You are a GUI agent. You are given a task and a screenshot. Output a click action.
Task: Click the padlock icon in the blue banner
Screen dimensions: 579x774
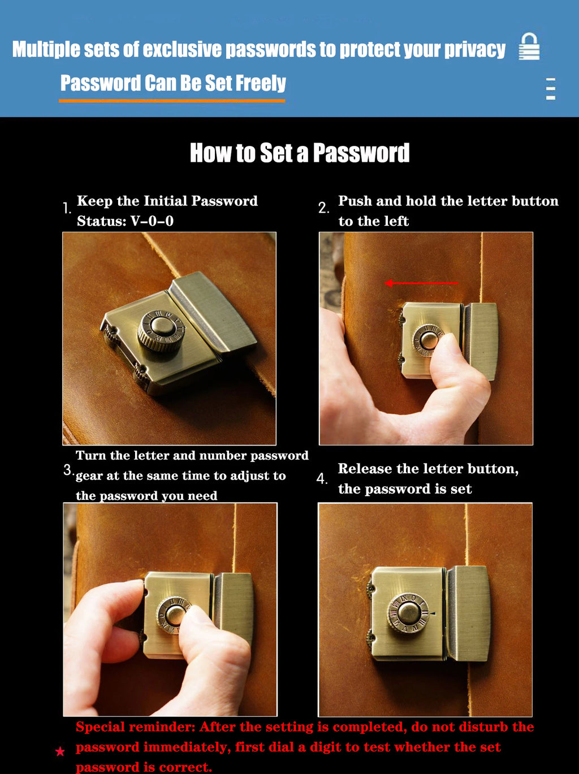click(529, 46)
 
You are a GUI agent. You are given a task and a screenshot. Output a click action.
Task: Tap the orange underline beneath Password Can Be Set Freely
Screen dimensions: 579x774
click(172, 101)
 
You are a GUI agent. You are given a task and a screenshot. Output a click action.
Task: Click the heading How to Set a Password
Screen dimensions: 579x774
click(300, 153)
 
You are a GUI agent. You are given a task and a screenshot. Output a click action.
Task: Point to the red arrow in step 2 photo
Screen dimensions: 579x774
click(421, 283)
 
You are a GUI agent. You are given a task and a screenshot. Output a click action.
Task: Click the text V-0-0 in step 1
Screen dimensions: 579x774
click(152, 221)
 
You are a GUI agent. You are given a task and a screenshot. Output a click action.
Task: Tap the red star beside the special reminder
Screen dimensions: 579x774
click(60, 751)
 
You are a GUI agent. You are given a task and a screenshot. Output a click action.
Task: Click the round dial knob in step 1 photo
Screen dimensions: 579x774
click(161, 330)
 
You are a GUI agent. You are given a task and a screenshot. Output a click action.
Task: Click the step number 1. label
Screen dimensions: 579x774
click(67, 208)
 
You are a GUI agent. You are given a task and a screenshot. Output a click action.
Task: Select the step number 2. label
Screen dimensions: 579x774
click(323, 207)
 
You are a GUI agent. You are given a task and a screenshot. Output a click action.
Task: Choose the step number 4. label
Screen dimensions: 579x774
click(322, 479)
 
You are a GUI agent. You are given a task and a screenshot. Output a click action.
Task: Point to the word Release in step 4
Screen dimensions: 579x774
click(365, 469)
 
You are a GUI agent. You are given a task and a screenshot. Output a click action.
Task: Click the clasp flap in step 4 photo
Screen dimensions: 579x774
click(469, 613)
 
